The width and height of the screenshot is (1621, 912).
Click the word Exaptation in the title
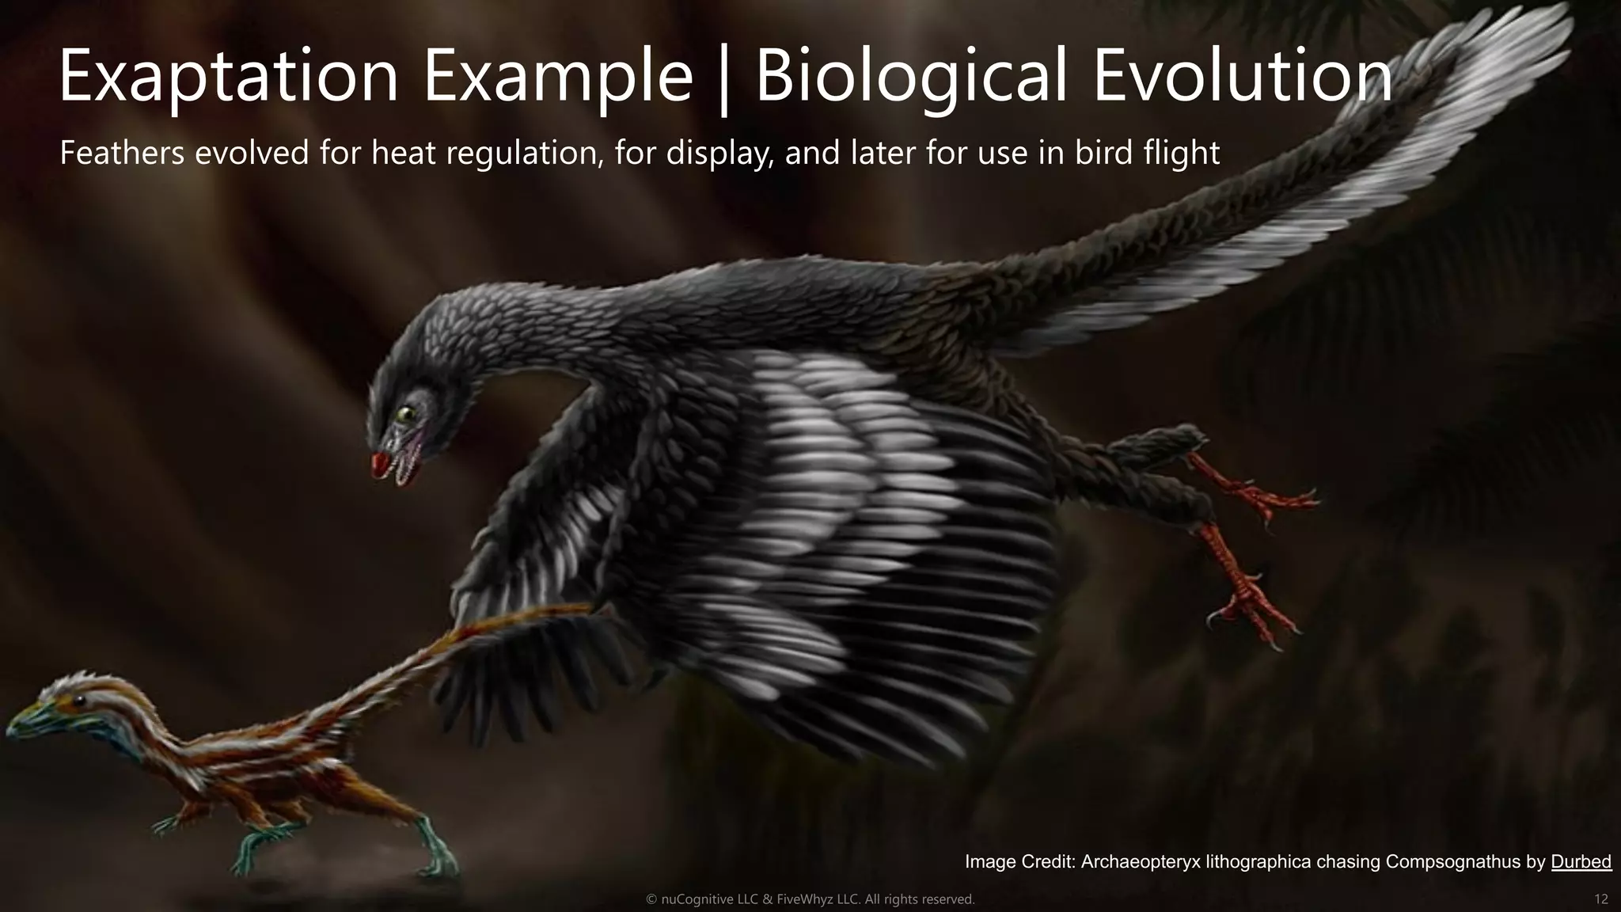[228, 76]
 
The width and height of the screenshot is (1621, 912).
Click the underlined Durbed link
[1581, 861]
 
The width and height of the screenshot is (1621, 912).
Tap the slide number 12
[1601, 899]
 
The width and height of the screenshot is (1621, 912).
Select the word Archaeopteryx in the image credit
[1141, 861]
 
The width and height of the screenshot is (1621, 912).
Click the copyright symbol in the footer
[651, 899]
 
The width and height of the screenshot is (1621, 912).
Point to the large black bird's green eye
[407, 412]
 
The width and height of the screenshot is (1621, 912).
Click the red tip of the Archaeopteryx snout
[380, 462]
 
